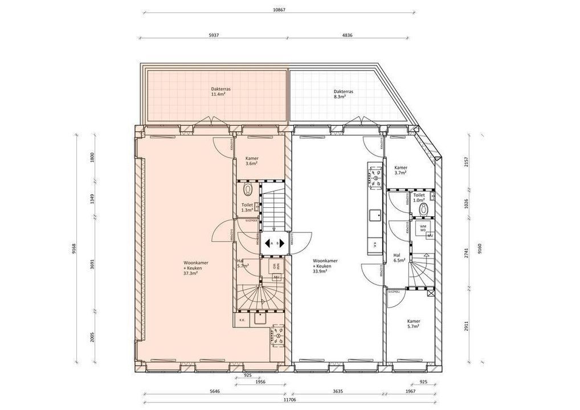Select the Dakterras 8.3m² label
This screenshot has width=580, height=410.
point(344,94)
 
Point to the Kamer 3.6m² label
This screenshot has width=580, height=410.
point(252,161)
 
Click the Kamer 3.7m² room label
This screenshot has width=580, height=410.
point(401,170)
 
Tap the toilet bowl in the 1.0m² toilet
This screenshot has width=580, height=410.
point(423,209)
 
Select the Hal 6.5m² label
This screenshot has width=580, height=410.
point(399,257)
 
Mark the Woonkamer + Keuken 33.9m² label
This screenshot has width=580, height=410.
point(325,266)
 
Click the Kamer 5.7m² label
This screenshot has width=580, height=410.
point(414,324)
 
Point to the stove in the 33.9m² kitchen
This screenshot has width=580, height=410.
point(375,177)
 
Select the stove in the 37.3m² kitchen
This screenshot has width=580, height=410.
point(278,335)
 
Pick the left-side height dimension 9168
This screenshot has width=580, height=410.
point(74,249)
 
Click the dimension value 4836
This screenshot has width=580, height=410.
point(347,35)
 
